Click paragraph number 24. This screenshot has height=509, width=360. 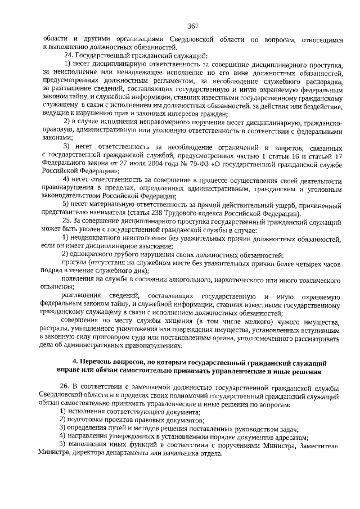pyautogui.click(x=69, y=56)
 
